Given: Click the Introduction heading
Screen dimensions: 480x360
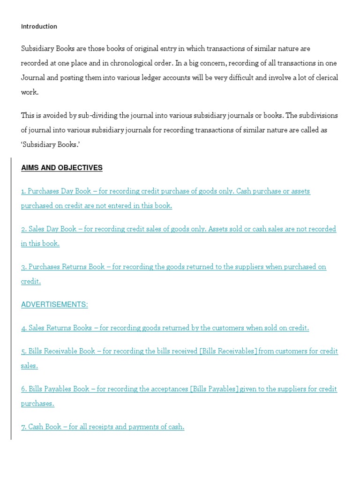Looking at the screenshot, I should (39, 27).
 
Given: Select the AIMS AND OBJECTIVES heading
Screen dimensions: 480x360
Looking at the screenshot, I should (61, 168).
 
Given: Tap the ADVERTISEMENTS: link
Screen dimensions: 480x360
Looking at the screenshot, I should (54, 305).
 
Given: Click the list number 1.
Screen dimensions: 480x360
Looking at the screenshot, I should (23, 191).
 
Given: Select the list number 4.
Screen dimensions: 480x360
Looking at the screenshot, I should (23, 328).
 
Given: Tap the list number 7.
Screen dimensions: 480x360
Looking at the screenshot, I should (23, 427).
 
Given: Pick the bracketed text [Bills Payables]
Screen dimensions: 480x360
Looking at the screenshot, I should (215, 389).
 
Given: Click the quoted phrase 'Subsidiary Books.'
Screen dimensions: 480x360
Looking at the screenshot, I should (49, 144).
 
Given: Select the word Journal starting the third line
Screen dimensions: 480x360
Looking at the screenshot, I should (32, 77).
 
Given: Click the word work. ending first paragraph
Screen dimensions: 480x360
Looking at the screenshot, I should (30, 92).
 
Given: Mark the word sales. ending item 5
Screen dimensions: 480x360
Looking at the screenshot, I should (30, 366).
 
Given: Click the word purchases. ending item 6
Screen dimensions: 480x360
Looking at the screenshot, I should (37, 404).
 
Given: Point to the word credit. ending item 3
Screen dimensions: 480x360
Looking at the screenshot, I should (31, 281).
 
